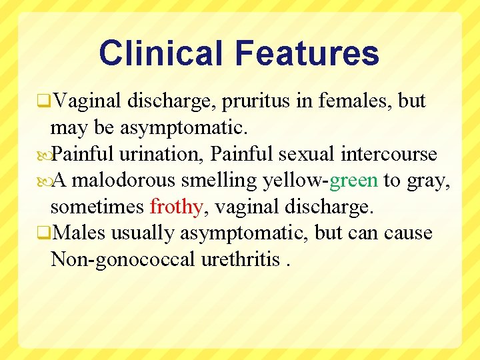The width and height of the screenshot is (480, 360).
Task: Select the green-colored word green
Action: pyautogui.click(x=353, y=181)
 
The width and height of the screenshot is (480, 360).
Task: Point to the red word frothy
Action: pyautogui.click(x=176, y=207)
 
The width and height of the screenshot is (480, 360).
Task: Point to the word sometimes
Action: pyautogui.click(x=97, y=207)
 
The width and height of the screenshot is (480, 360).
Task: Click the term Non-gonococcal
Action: pyautogui.click(x=123, y=259)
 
